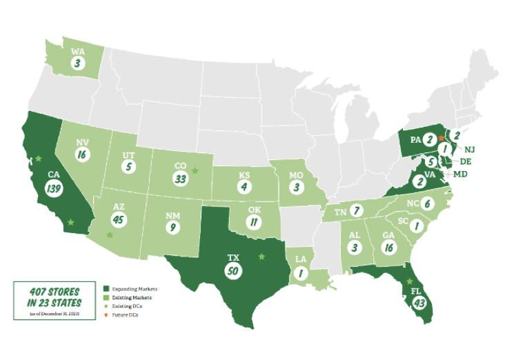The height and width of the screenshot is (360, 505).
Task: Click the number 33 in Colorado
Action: pos(182,179)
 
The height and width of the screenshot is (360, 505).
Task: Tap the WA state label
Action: pos(78,50)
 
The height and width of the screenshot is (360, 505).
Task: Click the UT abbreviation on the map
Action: pos(128,157)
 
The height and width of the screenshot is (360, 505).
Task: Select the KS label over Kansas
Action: pos(244,175)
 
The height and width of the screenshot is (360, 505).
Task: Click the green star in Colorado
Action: pos(195,169)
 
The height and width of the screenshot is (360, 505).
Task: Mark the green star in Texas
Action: pos(261,257)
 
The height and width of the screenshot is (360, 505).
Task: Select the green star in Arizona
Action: pos(110,235)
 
